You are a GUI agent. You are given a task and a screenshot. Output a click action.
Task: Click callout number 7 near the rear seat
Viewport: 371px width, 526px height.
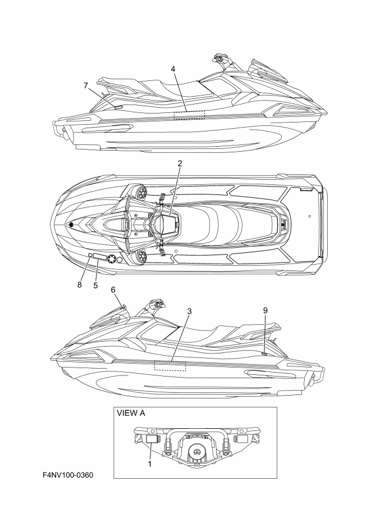click(x=86, y=85)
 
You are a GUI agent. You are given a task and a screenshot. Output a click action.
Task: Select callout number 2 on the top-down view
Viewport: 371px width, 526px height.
click(x=180, y=164)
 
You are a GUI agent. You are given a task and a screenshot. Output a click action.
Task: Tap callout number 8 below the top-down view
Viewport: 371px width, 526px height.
click(x=80, y=285)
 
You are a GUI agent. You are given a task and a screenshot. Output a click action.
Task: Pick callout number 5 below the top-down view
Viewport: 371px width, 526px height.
click(x=95, y=285)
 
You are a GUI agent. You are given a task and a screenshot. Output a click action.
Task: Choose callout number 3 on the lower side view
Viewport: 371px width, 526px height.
click(x=190, y=311)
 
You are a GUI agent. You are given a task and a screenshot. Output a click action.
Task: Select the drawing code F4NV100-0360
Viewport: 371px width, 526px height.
click(x=68, y=476)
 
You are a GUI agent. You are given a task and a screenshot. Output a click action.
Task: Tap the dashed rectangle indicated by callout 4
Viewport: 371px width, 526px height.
click(x=189, y=115)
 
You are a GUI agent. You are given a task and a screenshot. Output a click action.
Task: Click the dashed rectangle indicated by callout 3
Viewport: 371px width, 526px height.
click(x=170, y=365)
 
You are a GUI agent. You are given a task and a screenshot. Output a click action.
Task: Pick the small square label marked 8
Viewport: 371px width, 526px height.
click(x=90, y=255)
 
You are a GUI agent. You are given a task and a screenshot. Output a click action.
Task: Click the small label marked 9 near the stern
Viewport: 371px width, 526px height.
click(x=264, y=353)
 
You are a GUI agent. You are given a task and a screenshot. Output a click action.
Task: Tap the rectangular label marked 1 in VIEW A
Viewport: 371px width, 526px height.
click(x=151, y=438)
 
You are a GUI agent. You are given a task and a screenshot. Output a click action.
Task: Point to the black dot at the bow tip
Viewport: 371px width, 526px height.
click(x=72, y=225)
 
